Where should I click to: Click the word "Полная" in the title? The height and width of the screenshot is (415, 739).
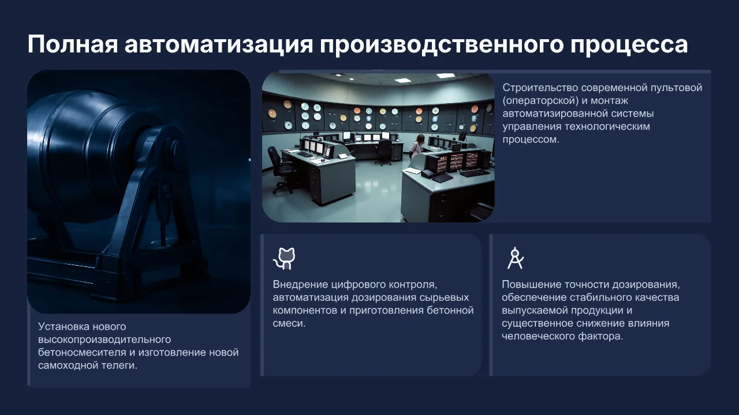pos(73,44)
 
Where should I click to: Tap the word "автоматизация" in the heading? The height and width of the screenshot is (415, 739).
pos(219,44)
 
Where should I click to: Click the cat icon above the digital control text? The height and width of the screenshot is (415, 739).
pos(284,259)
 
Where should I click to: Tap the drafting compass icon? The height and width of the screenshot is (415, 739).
pos(516,258)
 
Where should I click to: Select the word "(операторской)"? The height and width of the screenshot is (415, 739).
pos(540,100)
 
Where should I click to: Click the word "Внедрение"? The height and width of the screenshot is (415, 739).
pos(300,284)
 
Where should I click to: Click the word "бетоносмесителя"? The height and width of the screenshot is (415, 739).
pos(82,352)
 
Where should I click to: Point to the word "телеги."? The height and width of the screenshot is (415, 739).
pos(118,365)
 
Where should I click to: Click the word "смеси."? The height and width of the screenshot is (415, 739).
pos(289,323)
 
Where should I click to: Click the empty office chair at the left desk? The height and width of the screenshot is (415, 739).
pos(281,168)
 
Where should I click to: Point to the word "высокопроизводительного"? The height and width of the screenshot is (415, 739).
pos(104,339)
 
